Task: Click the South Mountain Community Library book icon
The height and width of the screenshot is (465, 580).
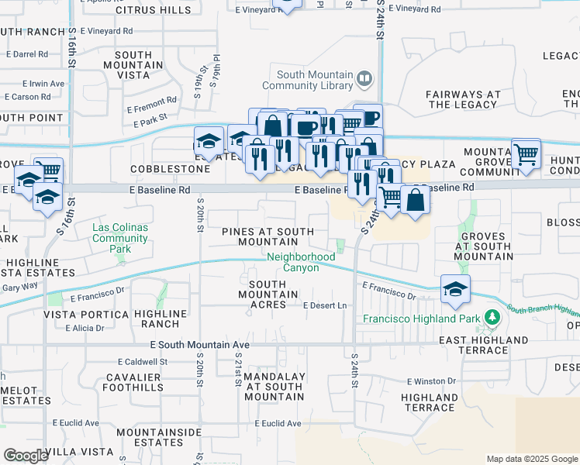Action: point(364,78)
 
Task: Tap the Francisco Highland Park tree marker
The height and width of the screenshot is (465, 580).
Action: point(491,318)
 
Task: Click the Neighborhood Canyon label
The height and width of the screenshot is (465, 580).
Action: point(302,262)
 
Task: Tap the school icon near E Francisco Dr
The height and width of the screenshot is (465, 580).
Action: point(455,290)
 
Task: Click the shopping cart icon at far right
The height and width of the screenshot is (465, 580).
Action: point(526,154)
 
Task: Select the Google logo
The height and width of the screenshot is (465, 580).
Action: point(26,456)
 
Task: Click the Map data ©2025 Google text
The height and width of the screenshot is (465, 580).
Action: point(531,459)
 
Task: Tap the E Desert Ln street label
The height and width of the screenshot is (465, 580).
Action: point(324,306)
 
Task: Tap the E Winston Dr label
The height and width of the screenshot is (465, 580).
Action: point(431,381)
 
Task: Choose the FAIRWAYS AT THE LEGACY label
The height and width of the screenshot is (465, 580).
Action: point(461,99)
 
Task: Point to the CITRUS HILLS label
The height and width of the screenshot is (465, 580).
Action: point(153,10)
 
